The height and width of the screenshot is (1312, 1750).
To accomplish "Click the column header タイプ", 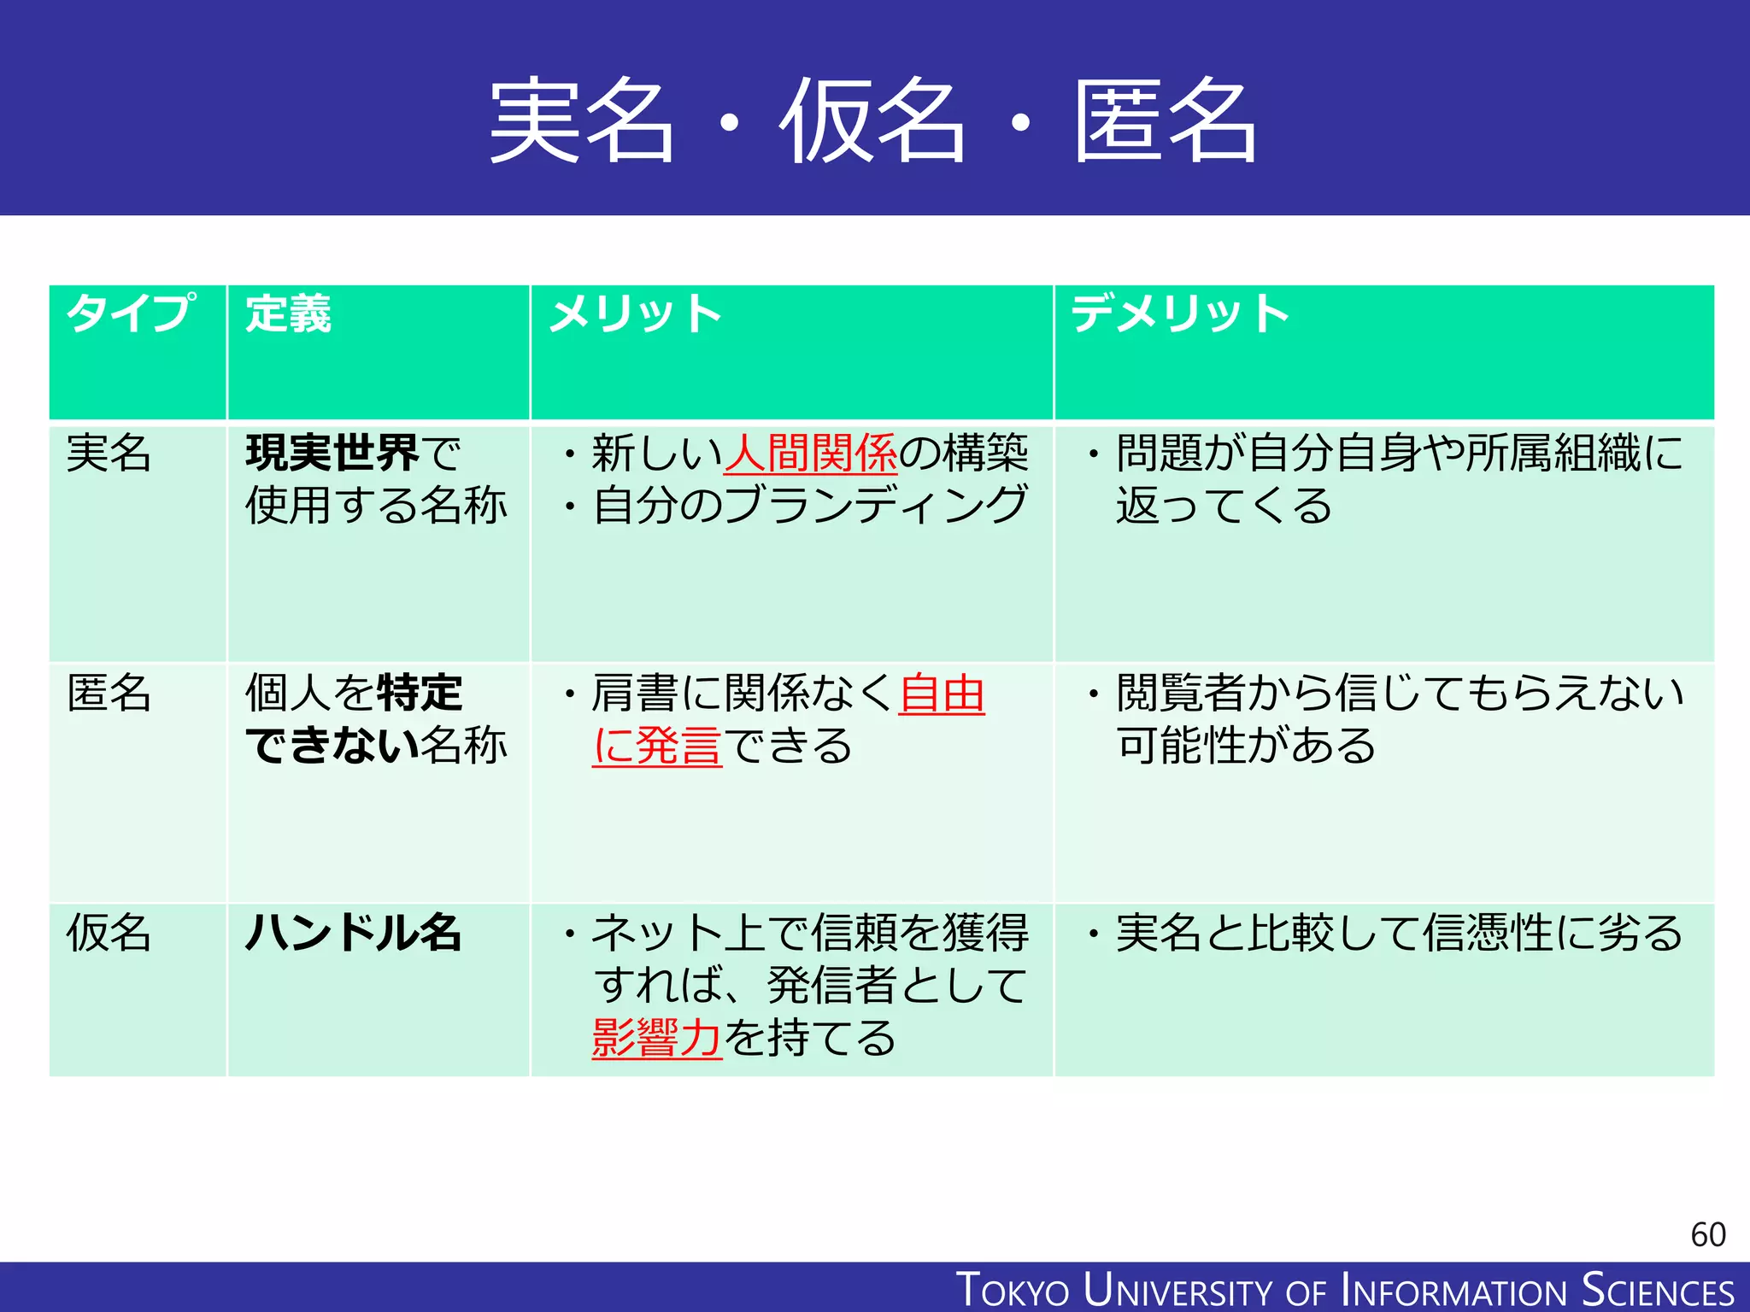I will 130,313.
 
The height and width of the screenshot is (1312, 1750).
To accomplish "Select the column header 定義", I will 288,313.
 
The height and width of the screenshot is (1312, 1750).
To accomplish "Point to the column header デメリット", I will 1180,313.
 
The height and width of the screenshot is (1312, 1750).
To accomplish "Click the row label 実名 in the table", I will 109,453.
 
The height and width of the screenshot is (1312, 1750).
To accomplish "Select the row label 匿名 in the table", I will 109,693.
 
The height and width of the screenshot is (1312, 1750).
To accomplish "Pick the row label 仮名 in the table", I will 109,933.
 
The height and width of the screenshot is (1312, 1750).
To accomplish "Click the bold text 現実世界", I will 332,453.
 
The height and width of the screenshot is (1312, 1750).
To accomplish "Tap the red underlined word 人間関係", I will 810,453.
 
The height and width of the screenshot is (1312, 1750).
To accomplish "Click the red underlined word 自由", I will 942,693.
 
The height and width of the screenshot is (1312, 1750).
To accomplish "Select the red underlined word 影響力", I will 656,1039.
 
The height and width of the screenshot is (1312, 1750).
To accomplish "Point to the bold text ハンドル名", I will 353,933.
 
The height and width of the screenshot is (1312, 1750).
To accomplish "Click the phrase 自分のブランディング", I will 809,505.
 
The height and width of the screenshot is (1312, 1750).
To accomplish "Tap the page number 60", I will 1707,1235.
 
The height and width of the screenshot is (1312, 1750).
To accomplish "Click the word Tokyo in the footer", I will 1013,1290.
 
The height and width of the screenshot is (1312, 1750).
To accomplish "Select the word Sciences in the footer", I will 1657,1290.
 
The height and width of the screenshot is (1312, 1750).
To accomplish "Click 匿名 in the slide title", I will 1165,120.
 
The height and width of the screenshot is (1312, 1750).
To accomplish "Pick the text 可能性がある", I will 1246,746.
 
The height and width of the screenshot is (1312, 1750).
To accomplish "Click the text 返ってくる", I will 1224,506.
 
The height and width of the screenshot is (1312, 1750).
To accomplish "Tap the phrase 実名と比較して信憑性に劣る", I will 1399,933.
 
